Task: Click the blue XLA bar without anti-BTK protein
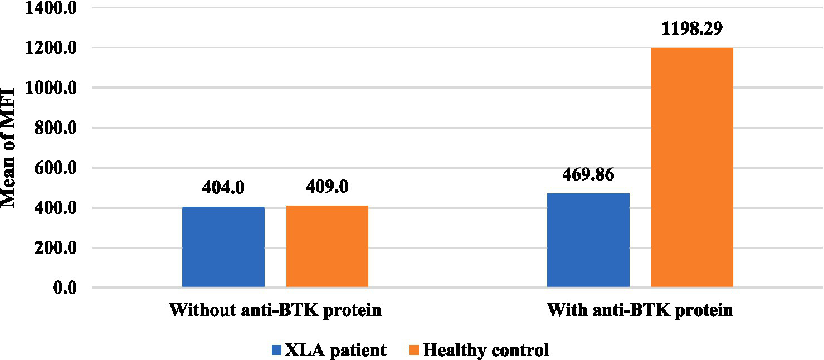tap(223, 247)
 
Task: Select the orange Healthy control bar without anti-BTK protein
tap(327, 246)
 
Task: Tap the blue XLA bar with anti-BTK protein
tap(588, 240)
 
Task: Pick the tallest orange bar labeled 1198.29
tap(691, 168)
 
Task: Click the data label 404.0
tap(223, 187)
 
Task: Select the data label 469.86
tap(588, 174)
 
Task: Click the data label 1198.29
tap(691, 28)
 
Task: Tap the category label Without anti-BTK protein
tap(275, 310)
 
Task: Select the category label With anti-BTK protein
tap(640, 310)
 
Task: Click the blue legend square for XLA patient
tap(277, 350)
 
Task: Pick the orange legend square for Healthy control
tap(415, 350)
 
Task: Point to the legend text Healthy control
tap(486, 350)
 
